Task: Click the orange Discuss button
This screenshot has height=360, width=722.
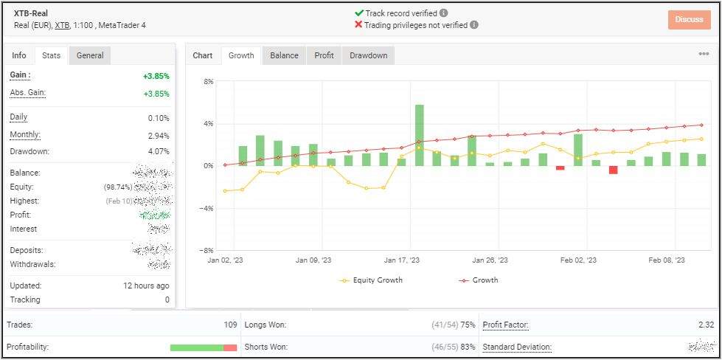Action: (689, 20)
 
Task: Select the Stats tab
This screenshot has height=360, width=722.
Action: (51, 55)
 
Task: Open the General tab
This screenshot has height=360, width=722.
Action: (90, 55)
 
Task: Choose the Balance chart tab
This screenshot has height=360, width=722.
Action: (284, 56)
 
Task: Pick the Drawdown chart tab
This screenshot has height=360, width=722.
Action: (368, 56)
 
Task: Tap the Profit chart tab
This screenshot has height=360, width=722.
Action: (324, 56)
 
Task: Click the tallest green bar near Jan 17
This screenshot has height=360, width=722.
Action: (419, 135)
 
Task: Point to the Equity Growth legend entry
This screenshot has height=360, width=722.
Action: (377, 280)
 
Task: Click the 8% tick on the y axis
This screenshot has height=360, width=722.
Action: (208, 82)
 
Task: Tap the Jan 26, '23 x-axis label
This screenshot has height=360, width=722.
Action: (490, 260)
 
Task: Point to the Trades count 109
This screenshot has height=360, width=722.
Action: (230, 325)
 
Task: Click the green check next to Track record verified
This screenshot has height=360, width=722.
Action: (359, 13)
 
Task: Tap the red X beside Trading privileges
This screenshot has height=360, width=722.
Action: (359, 24)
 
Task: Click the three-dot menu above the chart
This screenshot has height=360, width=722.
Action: (704, 54)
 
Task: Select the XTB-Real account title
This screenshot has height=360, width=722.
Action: (31, 13)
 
